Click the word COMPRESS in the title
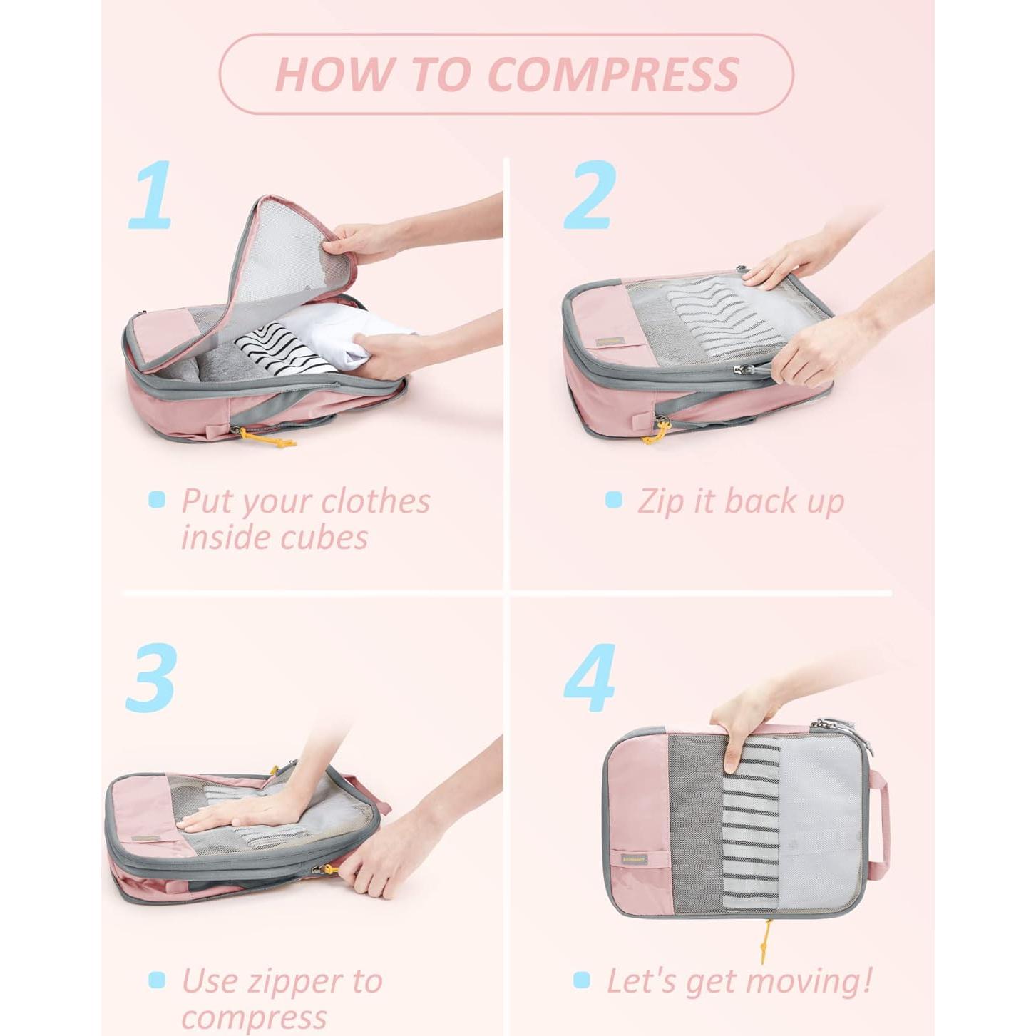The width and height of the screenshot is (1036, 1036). pos(613,74)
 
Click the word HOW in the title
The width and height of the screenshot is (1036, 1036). pos(334,74)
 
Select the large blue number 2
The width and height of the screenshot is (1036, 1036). pos(590,195)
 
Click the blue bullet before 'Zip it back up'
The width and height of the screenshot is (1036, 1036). pos(613,500)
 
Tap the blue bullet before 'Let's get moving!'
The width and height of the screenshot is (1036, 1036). pos(582,980)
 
